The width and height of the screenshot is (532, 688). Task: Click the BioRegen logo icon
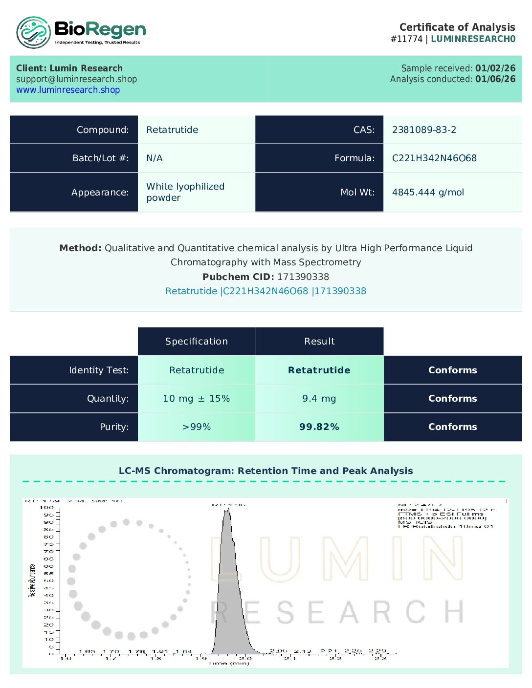click(33, 33)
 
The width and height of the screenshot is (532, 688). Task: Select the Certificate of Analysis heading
click(457, 27)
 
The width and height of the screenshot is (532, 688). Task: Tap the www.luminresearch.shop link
click(68, 90)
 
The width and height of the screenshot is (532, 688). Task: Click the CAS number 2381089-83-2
click(424, 130)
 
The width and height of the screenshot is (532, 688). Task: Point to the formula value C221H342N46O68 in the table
click(434, 158)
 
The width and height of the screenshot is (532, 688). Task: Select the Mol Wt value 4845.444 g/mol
click(428, 193)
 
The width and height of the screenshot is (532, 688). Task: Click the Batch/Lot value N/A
click(155, 158)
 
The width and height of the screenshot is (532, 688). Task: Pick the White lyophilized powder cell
click(185, 192)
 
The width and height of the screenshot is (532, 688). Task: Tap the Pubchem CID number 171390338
click(303, 277)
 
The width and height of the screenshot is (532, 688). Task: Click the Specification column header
click(197, 342)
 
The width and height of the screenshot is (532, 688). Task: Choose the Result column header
click(319, 342)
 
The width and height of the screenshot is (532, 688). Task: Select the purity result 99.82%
click(319, 427)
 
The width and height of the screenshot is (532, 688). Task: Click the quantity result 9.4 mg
click(319, 399)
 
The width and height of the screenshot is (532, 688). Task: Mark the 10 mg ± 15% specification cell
click(197, 399)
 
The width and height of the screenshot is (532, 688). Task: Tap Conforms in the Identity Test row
click(452, 370)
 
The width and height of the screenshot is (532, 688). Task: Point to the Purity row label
click(114, 427)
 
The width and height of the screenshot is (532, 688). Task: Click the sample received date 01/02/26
click(495, 68)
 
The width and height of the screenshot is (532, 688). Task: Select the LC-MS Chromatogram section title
click(266, 471)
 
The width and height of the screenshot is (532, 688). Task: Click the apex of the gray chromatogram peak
click(227, 510)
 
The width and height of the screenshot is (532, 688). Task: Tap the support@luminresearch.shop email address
click(76, 79)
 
